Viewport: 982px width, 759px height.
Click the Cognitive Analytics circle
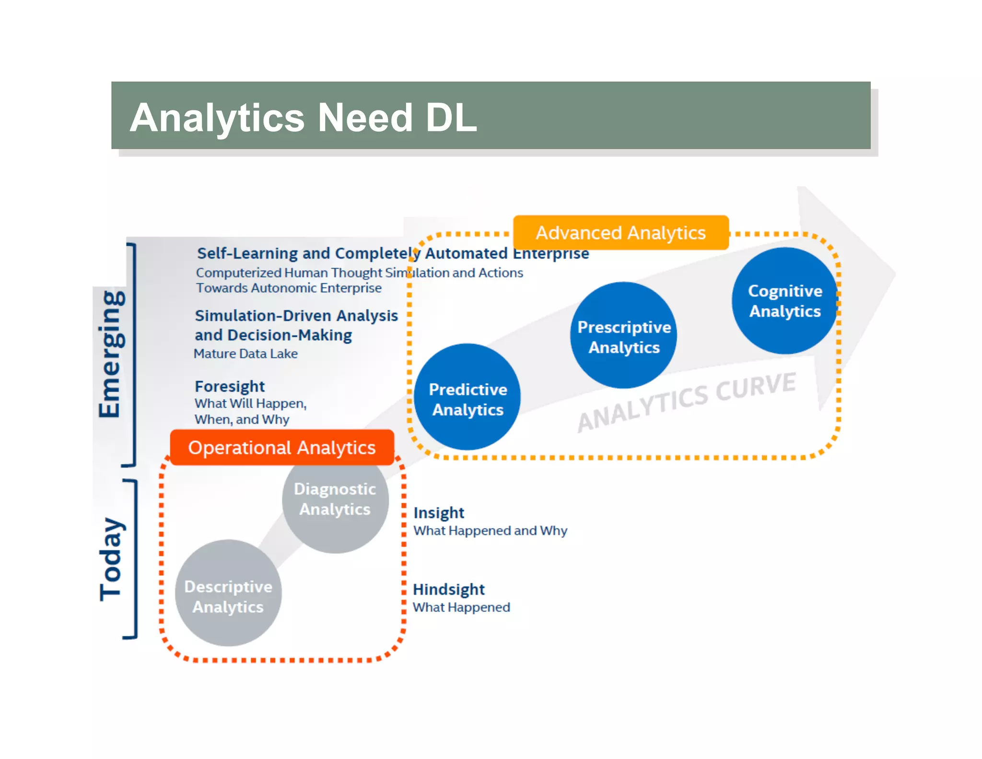[x=784, y=301]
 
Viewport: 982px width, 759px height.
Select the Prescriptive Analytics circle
[x=623, y=336]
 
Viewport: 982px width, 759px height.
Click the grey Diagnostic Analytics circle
[x=335, y=500]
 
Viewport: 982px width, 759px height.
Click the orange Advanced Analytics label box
[x=620, y=233]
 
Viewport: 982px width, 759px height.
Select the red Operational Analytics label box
[x=282, y=448]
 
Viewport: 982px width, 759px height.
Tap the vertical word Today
[x=111, y=559]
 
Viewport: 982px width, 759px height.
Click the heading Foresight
[x=230, y=386]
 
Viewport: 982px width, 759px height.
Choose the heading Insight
[x=439, y=513]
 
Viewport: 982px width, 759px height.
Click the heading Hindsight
[x=449, y=589]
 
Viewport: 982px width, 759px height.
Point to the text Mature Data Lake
[x=245, y=354]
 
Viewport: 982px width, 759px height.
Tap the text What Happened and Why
[x=490, y=531]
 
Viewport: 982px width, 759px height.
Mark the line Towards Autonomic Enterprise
[x=289, y=288]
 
